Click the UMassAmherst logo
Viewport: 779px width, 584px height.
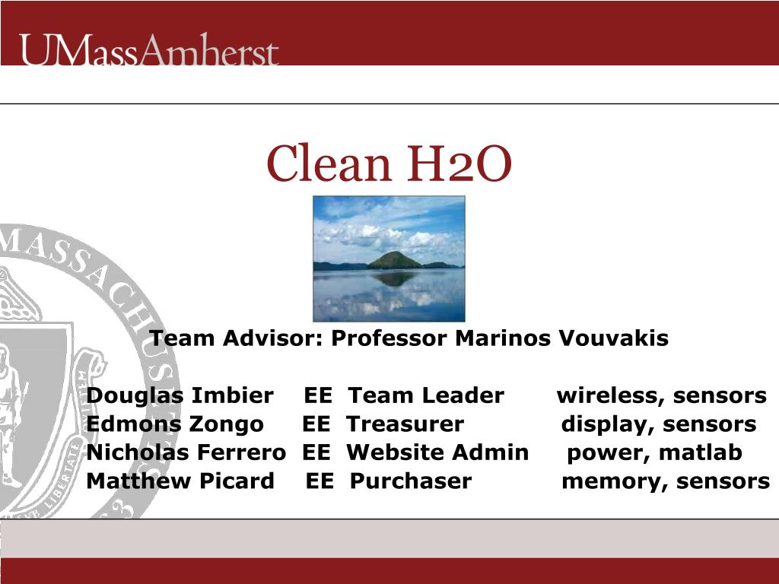pos(149,49)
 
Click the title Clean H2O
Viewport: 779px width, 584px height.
pos(389,164)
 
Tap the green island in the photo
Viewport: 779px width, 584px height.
pos(395,260)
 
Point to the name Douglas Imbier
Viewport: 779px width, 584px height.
pos(180,396)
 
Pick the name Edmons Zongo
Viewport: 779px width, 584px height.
pos(175,424)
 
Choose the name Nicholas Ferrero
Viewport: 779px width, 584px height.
pos(186,453)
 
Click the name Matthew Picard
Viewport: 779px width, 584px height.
pos(180,481)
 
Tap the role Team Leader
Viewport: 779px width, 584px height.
pos(426,396)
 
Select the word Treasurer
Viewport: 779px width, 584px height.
pos(405,424)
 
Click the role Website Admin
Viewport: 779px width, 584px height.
pos(437,453)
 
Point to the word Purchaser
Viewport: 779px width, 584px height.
pos(411,481)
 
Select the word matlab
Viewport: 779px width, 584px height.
pos(701,453)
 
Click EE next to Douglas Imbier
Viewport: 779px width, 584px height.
pos(317,396)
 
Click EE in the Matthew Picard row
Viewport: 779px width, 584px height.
pos(320,481)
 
